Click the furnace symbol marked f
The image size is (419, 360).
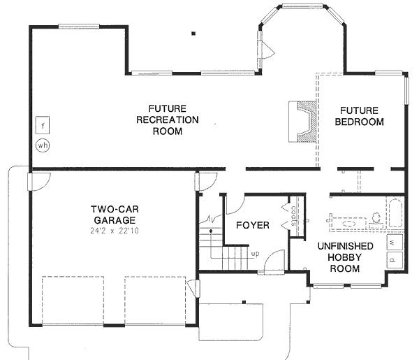click(x=42, y=126)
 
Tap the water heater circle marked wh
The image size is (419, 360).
click(x=42, y=147)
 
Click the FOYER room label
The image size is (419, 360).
click(x=252, y=225)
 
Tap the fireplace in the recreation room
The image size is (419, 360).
click(x=304, y=122)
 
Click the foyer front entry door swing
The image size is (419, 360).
click(x=278, y=261)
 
